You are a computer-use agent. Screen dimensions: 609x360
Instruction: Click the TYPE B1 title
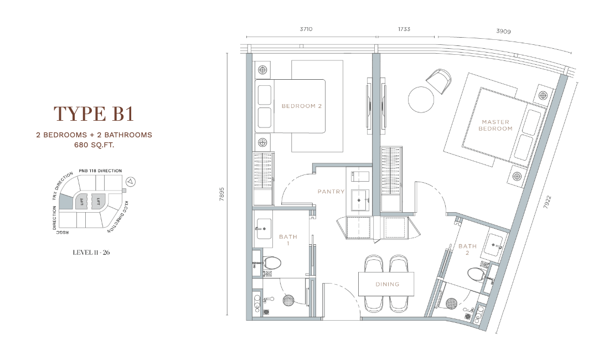click(94, 114)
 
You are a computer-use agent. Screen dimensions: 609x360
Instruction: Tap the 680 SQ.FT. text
click(94, 145)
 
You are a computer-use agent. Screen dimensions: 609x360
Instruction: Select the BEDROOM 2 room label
click(302, 106)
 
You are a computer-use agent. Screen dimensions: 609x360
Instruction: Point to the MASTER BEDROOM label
click(496, 125)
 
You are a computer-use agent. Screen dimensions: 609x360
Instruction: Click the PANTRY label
click(331, 192)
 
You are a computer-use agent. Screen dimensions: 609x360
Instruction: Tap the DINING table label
click(387, 284)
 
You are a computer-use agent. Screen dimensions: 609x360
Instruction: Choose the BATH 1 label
click(288, 240)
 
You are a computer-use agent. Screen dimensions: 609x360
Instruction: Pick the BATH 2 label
click(467, 249)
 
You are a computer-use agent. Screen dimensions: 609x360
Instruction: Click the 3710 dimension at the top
click(306, 29)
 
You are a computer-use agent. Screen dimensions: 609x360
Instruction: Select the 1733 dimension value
click(404, 29)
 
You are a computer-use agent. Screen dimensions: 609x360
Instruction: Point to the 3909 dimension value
click(503, 31)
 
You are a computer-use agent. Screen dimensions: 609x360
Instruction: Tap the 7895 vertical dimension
click(222, 194)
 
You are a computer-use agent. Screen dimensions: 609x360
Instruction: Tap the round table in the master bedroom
click(421, 100)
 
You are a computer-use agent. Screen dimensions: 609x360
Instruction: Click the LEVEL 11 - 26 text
click(91, 253)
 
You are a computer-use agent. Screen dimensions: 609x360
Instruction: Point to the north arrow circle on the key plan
click(131, 181)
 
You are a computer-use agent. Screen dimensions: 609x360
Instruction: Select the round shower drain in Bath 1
click(288, 301)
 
